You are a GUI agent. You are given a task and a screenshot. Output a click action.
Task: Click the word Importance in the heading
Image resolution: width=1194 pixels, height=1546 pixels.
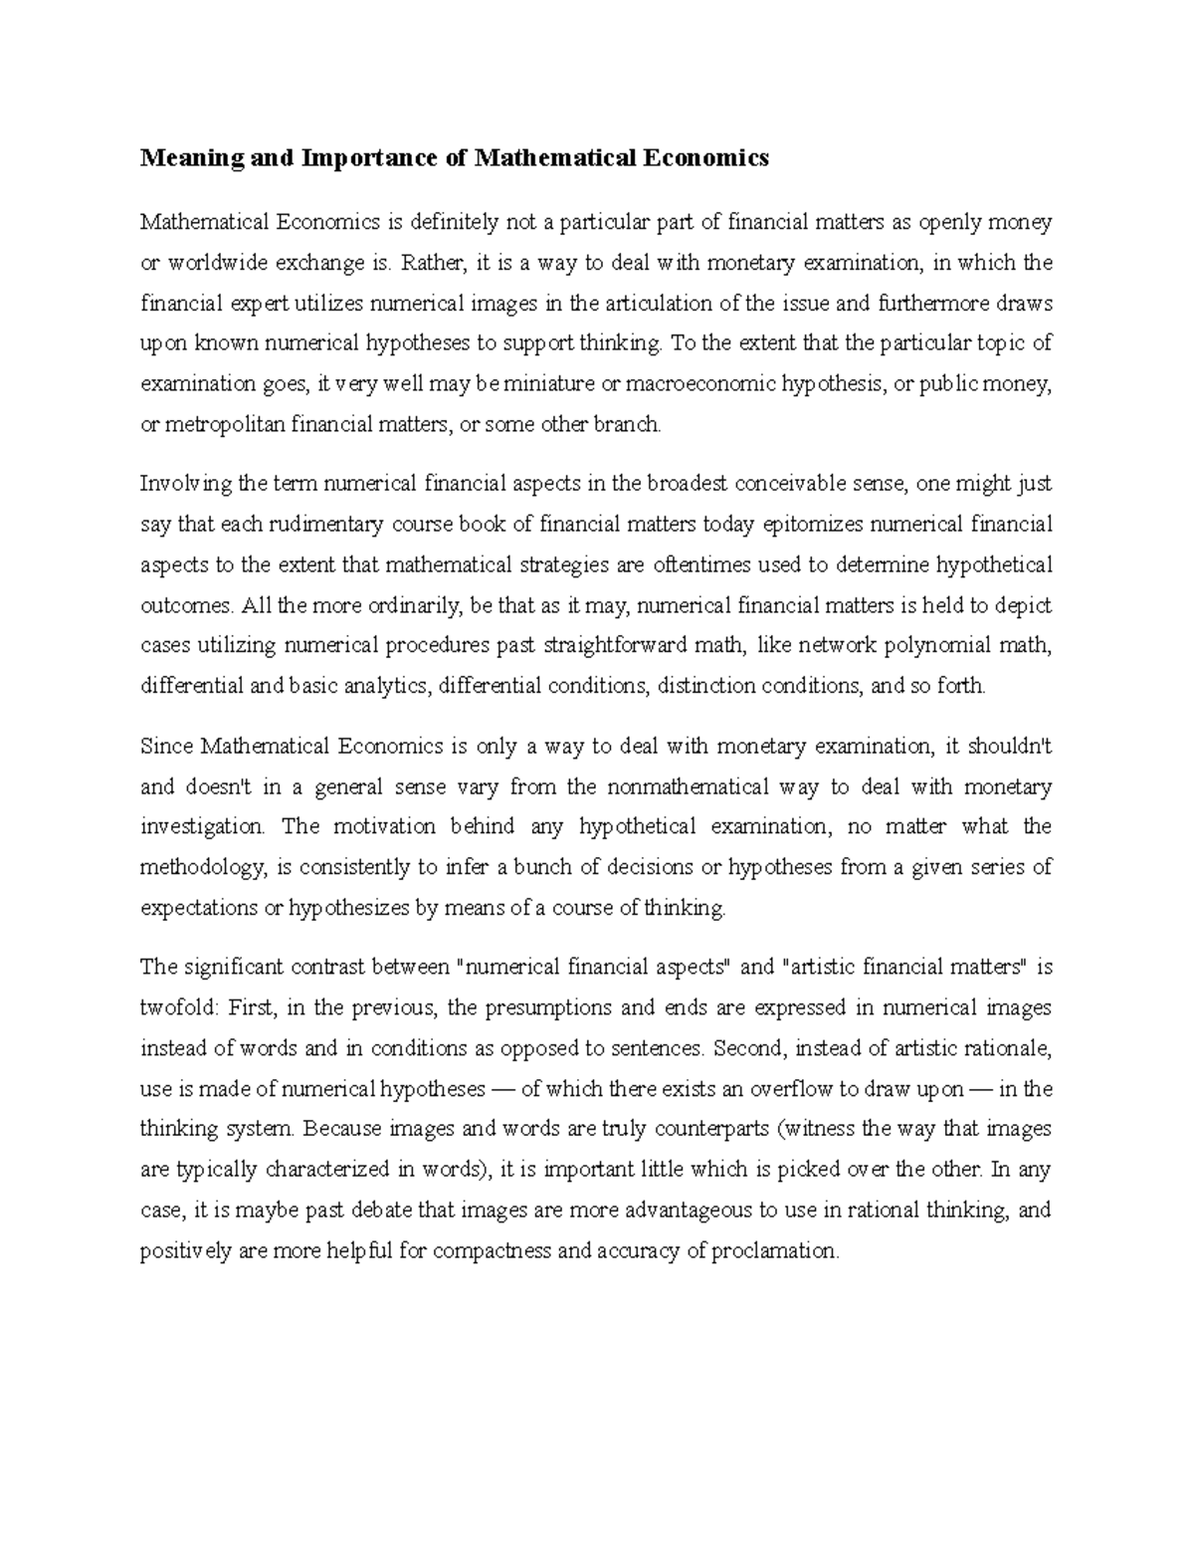(364, 158)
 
